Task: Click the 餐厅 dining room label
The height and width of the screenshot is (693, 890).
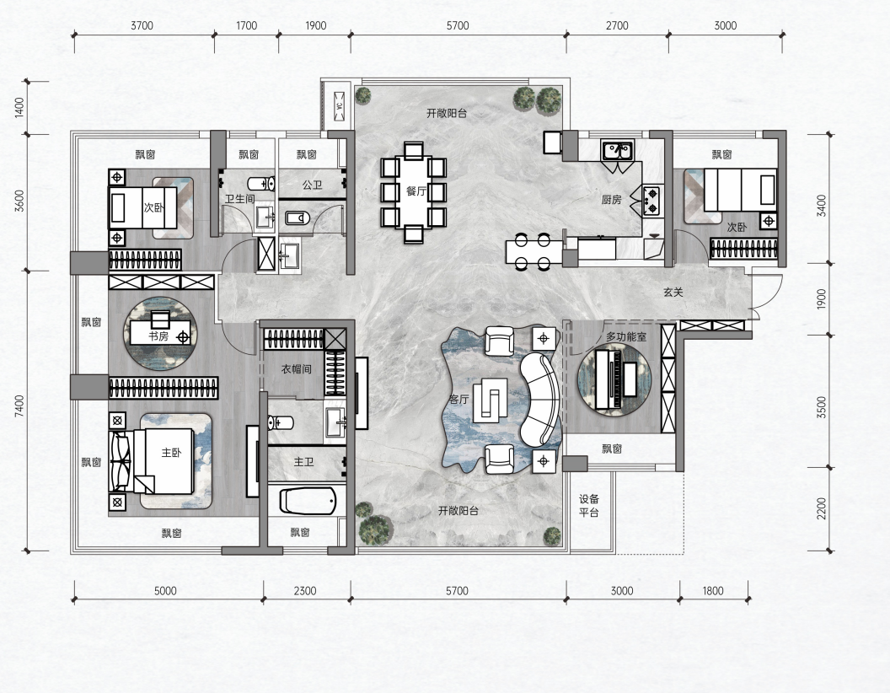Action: point(416,191)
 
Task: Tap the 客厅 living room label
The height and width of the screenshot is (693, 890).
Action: point(458,399)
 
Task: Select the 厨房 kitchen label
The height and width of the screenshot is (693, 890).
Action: point(611,199)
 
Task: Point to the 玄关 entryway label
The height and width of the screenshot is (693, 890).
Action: point(673,293)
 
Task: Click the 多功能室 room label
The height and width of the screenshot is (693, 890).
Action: point(626,336)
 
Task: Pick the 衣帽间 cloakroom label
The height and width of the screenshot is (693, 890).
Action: point(297,369)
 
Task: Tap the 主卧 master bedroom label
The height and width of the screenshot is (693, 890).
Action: point(171,453)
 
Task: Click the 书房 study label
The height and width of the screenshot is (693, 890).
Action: point(158,336)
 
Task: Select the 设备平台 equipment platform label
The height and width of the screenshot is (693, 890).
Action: point(589,506)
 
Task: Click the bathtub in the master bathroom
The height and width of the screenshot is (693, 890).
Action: point(308,501)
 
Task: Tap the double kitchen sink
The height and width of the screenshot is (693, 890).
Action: point(618,152)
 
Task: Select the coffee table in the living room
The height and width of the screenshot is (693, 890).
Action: point(491,398)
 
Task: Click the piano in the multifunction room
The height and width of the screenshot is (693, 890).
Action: point(609,379)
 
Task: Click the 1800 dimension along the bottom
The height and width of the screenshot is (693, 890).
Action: point(713,591)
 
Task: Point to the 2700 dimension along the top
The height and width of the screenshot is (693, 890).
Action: point(617,25)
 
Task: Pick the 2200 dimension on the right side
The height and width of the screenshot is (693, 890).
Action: point(822,508)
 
